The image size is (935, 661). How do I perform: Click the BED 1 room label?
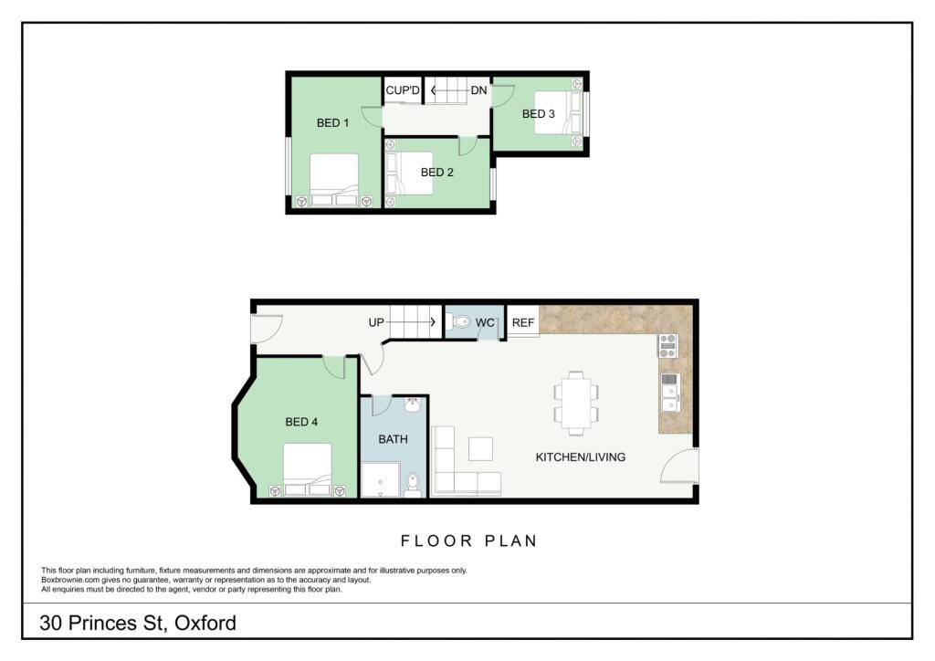pos(332,123)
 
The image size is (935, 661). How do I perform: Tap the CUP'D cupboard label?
pos(403,90)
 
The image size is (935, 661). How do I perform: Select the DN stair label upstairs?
pos(478,90)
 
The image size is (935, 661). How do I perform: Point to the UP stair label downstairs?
pos(376,322)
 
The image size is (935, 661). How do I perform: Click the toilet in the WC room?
pos(461,322)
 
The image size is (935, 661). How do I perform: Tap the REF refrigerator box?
pos(522,322)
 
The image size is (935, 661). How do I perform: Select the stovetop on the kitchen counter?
pos(668,346)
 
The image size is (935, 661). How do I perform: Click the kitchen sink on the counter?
pos(668,392)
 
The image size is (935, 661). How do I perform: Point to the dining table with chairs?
pos(575,403)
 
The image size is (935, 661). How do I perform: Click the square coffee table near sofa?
pos(480,449)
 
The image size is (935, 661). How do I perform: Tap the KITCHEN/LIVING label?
pos(580,456)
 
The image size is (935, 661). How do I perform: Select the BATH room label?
pos(393,439)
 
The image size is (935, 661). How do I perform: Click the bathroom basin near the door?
pos(413,404)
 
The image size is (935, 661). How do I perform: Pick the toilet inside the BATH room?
pos(413,483)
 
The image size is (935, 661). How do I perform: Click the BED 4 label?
pos(301,422)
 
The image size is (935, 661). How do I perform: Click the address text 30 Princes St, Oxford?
pos(138,624)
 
